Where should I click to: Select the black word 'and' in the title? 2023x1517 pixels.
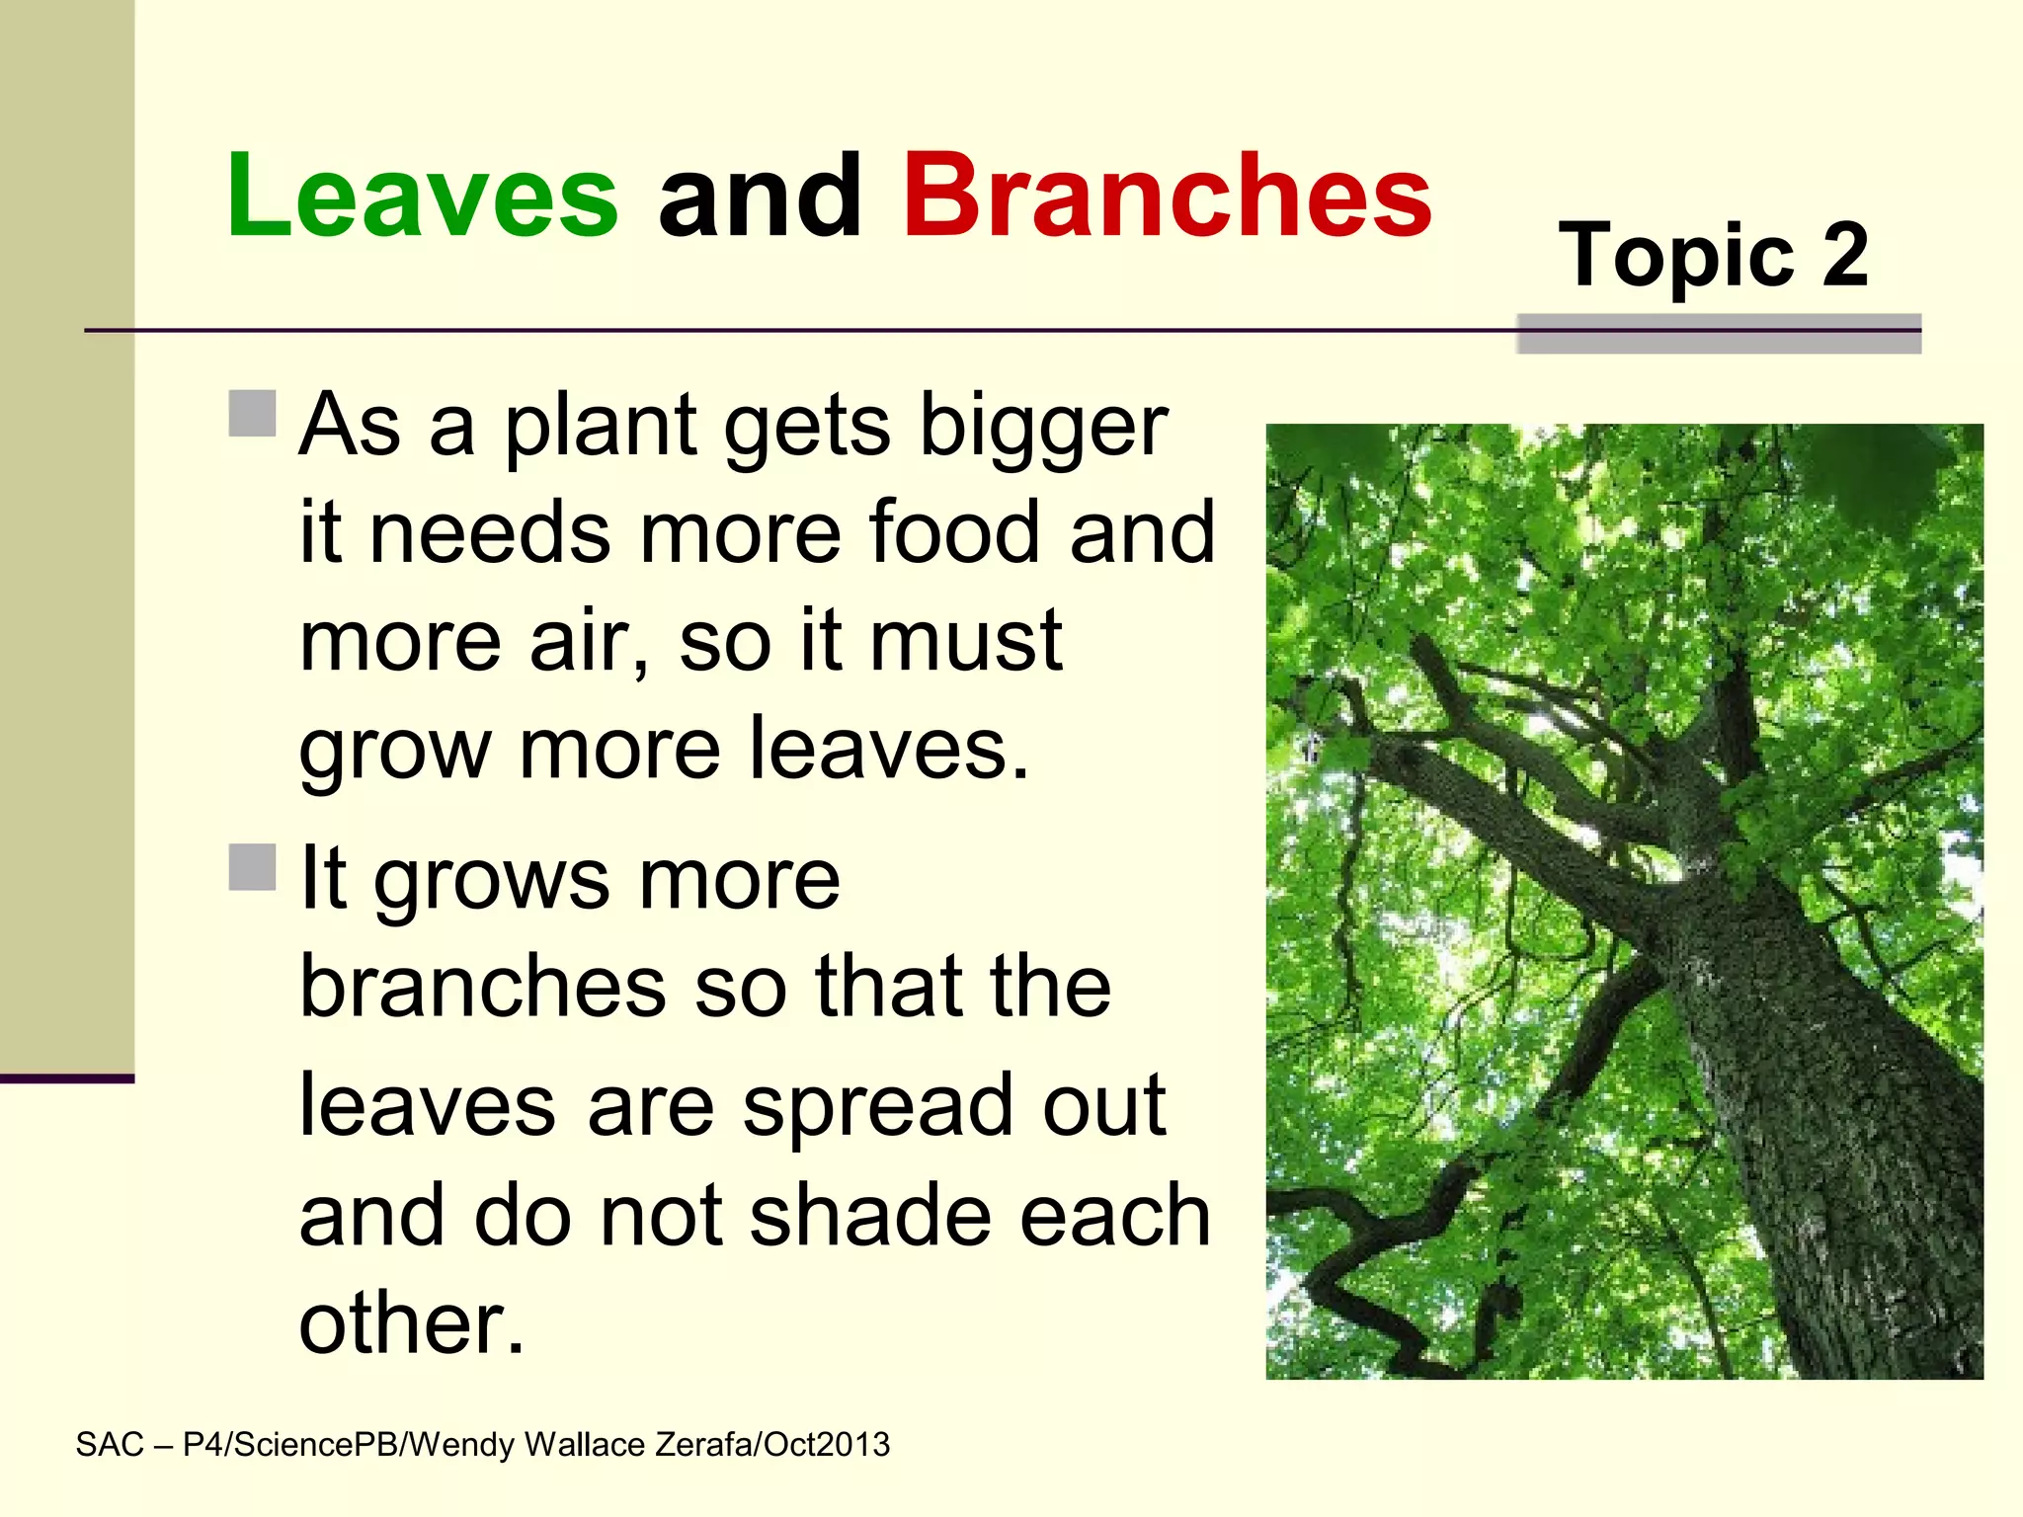759,198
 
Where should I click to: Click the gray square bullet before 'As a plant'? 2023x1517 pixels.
252,413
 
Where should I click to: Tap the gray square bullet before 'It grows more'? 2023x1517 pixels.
252,867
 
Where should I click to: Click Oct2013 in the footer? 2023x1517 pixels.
827,1445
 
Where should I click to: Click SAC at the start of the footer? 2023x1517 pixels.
110,1445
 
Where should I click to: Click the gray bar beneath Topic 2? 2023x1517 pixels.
1718,335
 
